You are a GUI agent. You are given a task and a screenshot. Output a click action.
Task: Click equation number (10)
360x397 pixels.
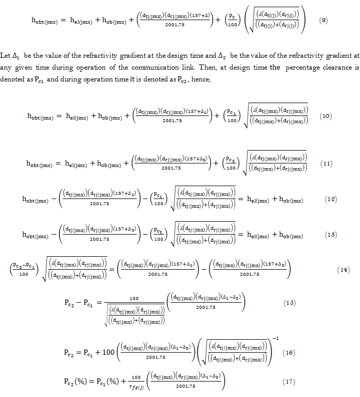(325, 116)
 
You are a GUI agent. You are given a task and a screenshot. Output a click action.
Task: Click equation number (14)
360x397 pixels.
(344, 270)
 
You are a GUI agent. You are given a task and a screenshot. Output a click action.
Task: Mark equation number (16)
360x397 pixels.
(288, 353)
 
